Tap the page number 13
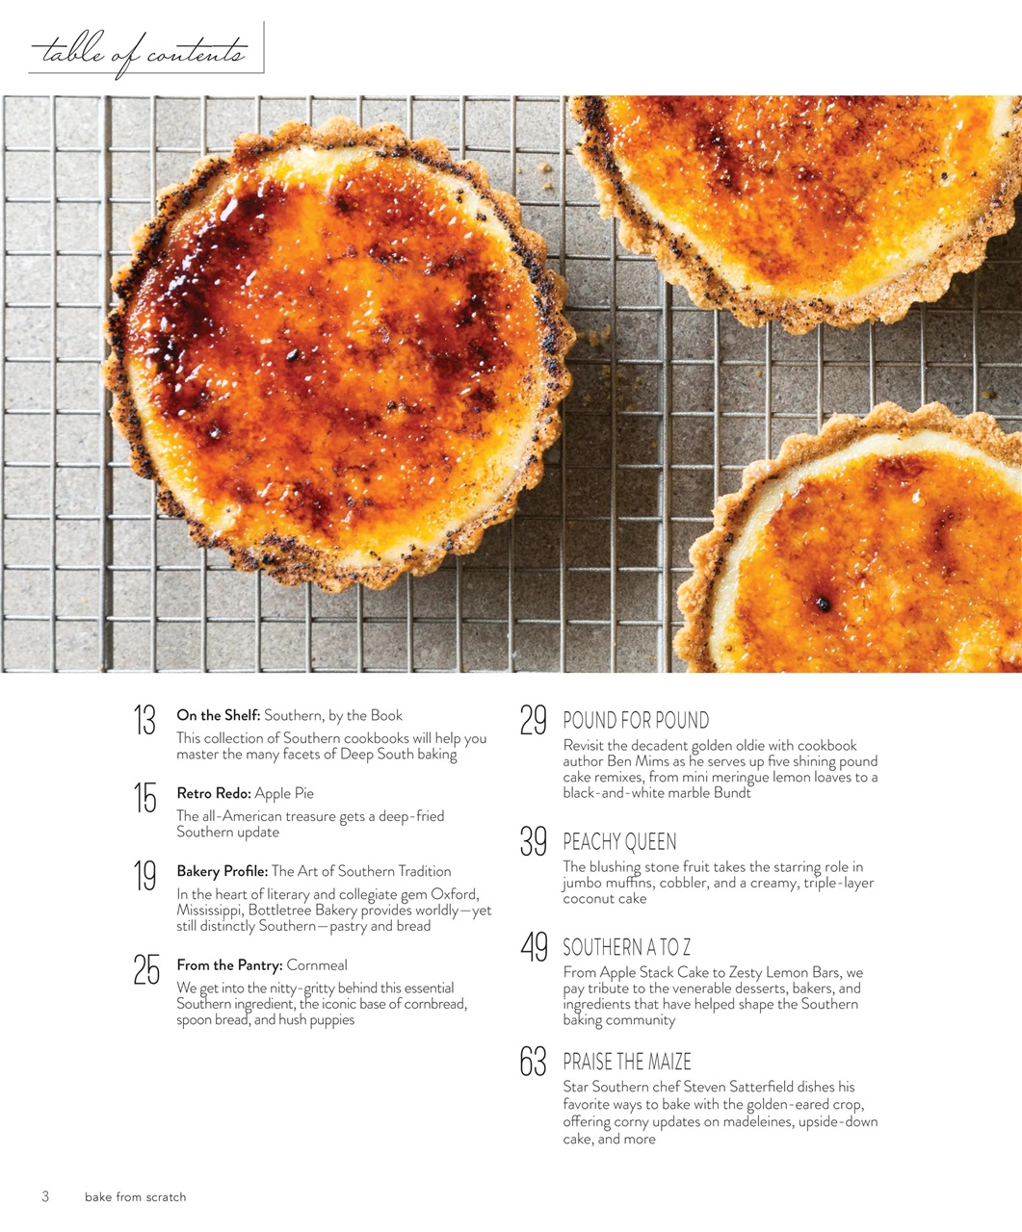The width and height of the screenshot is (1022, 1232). pyautogui.click(x=144, y=720)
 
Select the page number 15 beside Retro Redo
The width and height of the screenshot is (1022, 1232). pyautogui.click(x=144, y=798)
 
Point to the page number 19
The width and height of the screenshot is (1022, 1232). pyautogui.click(x=144, y=876)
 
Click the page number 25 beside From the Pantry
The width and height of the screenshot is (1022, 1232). pyautogui.click(x=146, y=969)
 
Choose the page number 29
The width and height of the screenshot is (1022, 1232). pyautogui.click(x=534, y=721)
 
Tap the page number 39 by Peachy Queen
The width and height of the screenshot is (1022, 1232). pyautogui.click(x=534, y=842)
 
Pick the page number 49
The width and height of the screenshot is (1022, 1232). pyautogui.click(x=534, y=947)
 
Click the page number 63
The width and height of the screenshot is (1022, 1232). pyautogui.click(x=534, y=1062)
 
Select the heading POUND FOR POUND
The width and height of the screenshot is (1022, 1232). pyautogui.click(x=636, y=721)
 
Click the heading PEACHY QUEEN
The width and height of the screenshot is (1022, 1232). pyautogui.click(x=619, y=843)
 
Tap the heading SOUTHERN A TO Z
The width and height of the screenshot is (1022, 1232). pyautogui.click(x=627, y=948)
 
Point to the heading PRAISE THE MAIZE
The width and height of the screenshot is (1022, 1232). pyautogui.click(x=627, y=1063)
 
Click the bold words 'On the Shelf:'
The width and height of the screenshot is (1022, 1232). pyautogui.click(x=219, y=715)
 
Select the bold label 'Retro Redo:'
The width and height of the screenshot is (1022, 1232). pyautogui.click(x=214, y=793)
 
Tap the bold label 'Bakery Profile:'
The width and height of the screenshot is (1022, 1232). pyautogui.click(x=223, y=871)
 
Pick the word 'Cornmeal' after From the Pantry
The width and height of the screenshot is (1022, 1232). pyautogui.click(x=317, y=964)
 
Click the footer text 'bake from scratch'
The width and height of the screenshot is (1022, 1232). pyautogui.click(x=135, y=1197)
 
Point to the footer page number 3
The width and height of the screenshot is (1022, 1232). pyautogui.click(x=44, y=1197)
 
